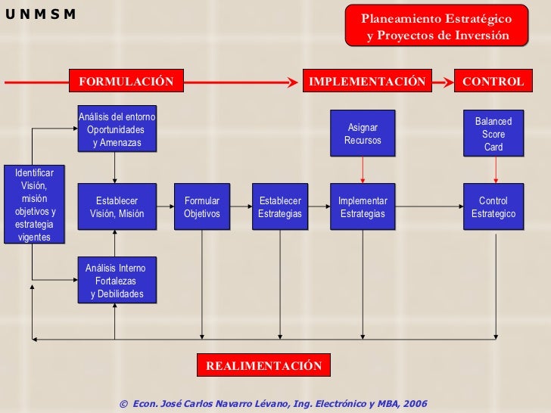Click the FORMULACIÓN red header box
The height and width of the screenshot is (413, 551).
[126, 82]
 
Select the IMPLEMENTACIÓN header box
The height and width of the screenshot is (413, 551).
[367, 82]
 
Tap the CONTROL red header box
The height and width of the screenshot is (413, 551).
[493, 82]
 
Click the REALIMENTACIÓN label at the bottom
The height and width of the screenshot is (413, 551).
[264, 366]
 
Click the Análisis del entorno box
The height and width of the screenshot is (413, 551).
[117, 129]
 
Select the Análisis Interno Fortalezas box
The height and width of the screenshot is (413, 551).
[117, 281]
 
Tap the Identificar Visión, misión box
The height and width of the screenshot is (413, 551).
[34, 204]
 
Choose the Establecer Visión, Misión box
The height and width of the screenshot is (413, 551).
[117, 207]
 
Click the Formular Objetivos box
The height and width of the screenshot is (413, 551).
[202, 207]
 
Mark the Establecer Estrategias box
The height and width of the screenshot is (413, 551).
[280, 207]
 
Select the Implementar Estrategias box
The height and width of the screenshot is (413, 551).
[363, 207]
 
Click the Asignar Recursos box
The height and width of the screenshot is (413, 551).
[363, 134]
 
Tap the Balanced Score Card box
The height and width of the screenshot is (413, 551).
[493, 134]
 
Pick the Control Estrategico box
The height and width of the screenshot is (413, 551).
[493, 207]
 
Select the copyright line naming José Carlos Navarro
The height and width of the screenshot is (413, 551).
[273, 404]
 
